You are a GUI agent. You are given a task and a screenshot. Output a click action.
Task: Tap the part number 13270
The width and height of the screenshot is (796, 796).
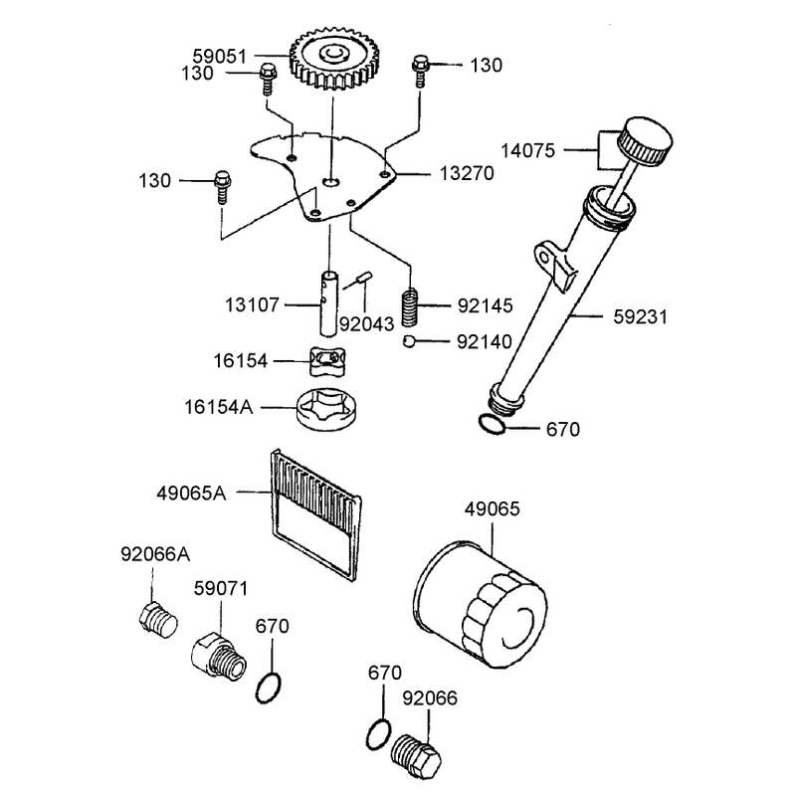pos(467,173)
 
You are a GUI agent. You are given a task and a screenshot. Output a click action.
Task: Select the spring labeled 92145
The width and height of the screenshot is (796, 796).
pos(410,307)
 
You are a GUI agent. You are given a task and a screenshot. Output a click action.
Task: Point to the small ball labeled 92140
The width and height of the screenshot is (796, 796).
pos(409,341)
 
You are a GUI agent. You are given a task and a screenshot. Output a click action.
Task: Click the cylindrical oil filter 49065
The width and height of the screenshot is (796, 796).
pos(481,604)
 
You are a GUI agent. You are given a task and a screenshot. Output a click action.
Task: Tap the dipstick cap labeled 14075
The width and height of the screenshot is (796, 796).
pos(645,141)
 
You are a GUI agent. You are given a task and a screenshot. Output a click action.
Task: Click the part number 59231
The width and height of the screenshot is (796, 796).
pos(640,316)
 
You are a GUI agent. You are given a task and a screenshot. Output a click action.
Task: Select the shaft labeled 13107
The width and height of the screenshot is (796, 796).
pos(328,303)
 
